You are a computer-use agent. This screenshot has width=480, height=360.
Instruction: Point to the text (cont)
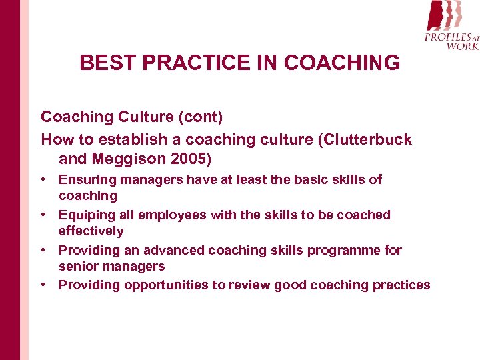(x=199, y=117)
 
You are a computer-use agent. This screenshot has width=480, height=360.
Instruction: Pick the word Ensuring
(x=87, y=179)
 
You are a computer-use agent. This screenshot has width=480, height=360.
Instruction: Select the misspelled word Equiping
(x=85, y=215)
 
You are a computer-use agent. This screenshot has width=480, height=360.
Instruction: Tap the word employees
(x=175, y=215)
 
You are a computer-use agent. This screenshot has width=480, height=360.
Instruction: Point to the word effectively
(x=91, y=231)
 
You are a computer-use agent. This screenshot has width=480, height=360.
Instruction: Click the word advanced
(x=171, y=250)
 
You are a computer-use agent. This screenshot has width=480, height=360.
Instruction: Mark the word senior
(x=78, y=266)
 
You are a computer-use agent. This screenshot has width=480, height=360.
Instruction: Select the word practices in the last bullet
(x=402, y=285)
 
